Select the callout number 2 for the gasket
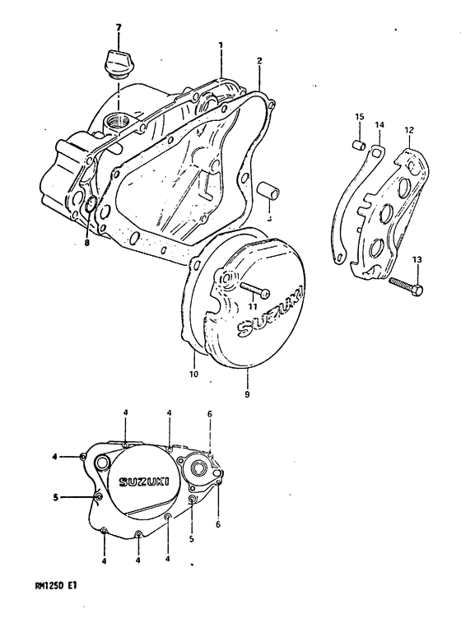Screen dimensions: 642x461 coord(258,61)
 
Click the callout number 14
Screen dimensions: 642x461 coord(380,126)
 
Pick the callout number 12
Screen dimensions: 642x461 coord(408,129)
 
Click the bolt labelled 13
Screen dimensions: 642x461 coord(407,286)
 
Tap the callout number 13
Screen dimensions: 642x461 coord(417,260)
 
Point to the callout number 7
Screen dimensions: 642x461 coord(119,28)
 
